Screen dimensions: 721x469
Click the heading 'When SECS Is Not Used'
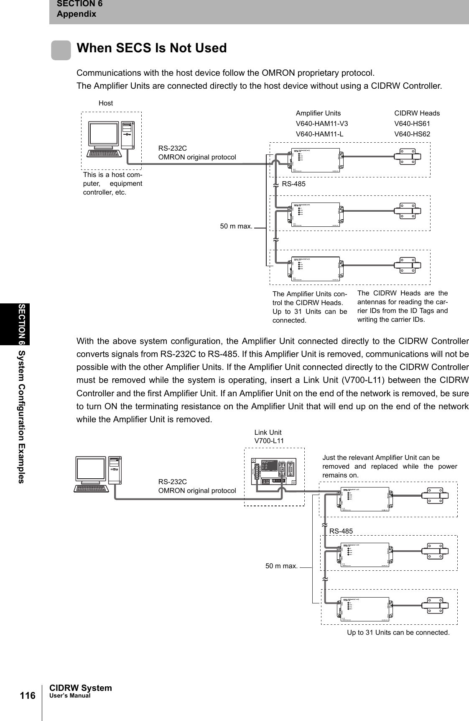151,48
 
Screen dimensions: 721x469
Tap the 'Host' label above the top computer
106,103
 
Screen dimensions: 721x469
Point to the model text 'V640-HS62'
412,134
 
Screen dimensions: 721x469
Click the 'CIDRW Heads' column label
417,113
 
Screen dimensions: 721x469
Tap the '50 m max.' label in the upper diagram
236,226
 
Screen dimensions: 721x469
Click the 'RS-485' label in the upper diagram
294,184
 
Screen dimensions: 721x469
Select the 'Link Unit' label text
268,432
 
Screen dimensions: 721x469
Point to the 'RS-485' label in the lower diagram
341,531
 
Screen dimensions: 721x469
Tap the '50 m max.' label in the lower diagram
281,566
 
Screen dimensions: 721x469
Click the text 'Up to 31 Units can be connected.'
398,632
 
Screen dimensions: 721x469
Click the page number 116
28,696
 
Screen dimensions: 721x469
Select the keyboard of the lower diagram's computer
92,488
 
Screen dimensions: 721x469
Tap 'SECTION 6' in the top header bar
79,4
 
